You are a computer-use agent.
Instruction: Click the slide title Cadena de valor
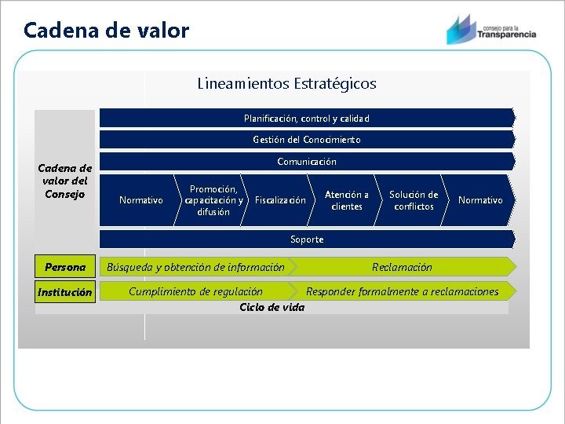pyautogui.click(x=106, y=31)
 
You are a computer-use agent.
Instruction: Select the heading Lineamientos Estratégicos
pyautogui.click(x=286, y=83)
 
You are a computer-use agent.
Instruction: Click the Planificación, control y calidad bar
pyautogui.click(x=306, y=119)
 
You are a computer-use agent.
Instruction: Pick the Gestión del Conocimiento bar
pyautogui.click(x=306, y=140)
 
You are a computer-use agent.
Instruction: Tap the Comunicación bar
pyautogui.click(x=306, y=162)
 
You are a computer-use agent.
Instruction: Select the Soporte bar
pyautogui.click(x=306, y=239)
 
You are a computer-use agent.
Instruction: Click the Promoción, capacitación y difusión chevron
pyautogui.click(x=213, y=200)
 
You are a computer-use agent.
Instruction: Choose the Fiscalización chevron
pyautogui.click(x=280, y=200)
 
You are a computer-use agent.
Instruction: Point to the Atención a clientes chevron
pyautogui.click(x=346, y=200)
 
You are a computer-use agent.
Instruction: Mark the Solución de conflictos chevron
pyautogui.click(x=413, y=200)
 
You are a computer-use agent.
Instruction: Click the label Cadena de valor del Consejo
pyautogui.click(x=65, y=181)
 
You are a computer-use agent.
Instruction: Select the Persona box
pyautogui.click(x=65, y=267)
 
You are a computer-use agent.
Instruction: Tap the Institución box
pyautogui.click(x=65, y=292)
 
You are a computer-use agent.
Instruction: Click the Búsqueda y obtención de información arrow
pyautogui.click(x=195, y=267)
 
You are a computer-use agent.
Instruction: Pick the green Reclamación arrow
pyautogui.click(x=402, y=267)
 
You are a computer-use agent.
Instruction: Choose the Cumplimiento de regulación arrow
pyautogui.click(x=195, y=291)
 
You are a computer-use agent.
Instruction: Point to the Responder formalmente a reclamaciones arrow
pyautogui.click(x=402, y=291)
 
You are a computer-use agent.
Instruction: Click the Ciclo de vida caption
pyautogui.click(x=272, y=307)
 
